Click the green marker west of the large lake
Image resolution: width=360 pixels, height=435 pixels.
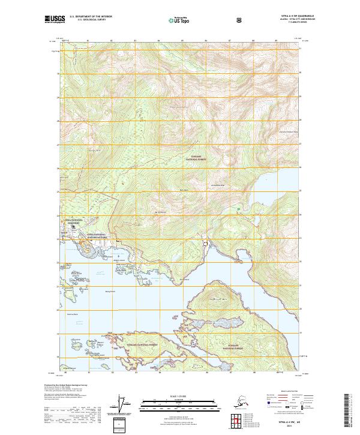239,208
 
